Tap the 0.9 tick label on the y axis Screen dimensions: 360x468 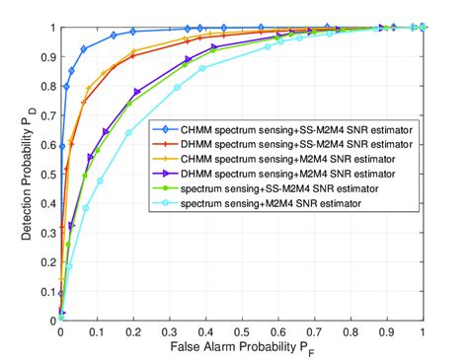pos(47,56)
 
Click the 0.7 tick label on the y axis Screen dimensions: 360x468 pos(47,114)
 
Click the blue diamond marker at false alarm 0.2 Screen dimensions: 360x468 pos(133,32)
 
